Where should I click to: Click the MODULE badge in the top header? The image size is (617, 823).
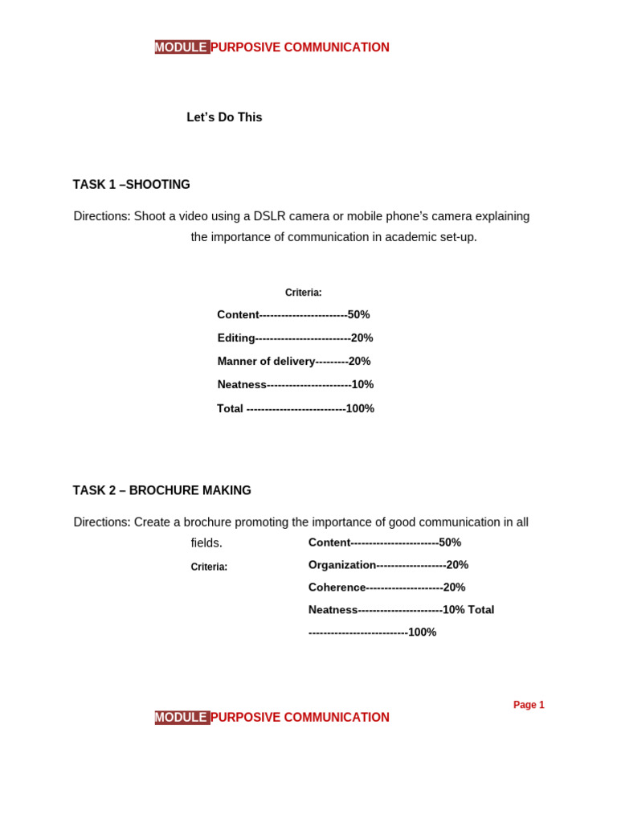tap(182, 47)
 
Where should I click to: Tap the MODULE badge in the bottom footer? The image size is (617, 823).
tap(182, 718)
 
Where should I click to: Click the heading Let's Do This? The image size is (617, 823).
tap(224, 117)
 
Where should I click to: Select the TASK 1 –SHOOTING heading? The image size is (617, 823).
tap(131, 185)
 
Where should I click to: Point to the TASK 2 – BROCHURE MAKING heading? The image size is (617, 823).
tap(161, 490)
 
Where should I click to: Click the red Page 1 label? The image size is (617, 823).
tap(529, 705)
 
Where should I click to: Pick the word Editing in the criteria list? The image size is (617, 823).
tap(236, 338)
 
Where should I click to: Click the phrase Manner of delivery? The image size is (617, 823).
tap(266, 362)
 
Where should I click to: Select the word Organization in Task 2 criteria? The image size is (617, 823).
tap(342, 565)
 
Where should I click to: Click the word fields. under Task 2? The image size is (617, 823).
tap(206, 543)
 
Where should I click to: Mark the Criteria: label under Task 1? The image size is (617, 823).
tap(303, 293)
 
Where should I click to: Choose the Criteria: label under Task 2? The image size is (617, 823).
tap(209, 567)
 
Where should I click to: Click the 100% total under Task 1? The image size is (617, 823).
tap(360, 409)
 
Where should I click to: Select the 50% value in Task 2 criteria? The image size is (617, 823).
tap(450, 543)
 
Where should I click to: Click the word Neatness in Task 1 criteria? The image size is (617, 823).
tap(242, 385)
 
